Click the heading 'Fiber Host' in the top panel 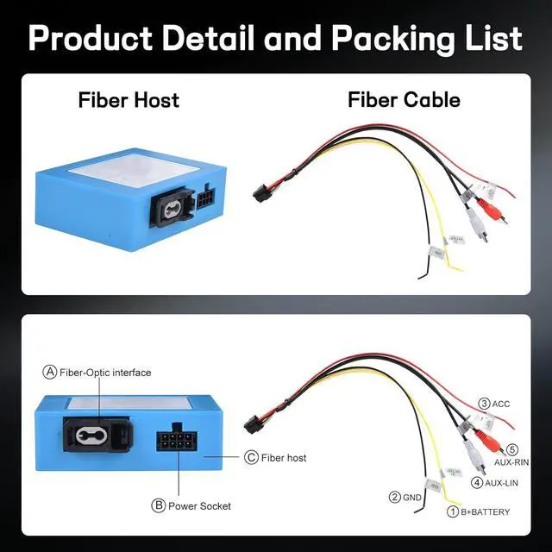(x=129, y=100)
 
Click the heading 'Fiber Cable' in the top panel (x=404, y=100)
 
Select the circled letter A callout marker (x=50, y=373)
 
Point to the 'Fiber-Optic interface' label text (x=105, y=373)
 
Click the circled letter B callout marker (x=158, y=505)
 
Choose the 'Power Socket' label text (x=199, y=505)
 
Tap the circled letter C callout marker (x=251, y=457)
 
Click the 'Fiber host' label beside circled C (x=284, y=457)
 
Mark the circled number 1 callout (x=451, y=512)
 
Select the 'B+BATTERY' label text (x=485, y=512)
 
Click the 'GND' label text (x=413, y=497)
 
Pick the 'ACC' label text (x=502, y=404)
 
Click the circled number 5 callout (x=511, y=449)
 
